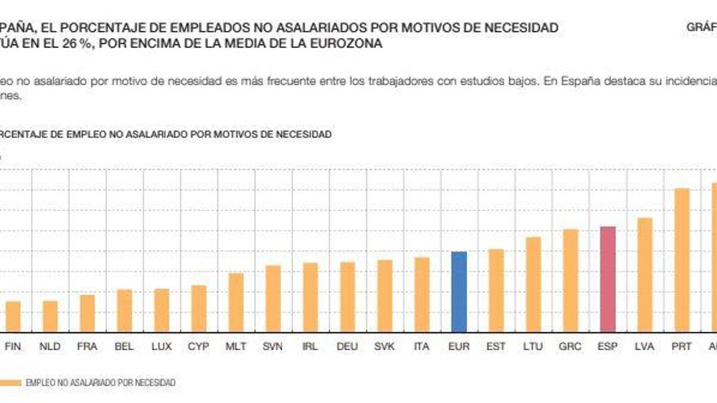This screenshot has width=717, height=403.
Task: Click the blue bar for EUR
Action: tap(459, 291)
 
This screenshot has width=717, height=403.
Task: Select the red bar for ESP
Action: tap(608, 278)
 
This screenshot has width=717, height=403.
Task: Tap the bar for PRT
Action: tap(682, 260)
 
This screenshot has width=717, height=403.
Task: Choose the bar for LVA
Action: tap(644, 274)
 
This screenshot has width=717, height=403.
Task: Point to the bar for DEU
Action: tap(347, 296)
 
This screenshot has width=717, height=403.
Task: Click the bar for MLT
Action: tap(235, 302)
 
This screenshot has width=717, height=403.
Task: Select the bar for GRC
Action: tap(570, 280)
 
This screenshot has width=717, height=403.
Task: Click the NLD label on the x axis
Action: tap(50, 346)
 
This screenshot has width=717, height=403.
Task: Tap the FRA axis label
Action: tap(87, 346)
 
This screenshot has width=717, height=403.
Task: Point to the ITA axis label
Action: tap(421, 346)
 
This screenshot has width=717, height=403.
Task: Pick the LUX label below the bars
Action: tap(161, 346)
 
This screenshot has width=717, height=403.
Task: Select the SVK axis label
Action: tap(384, 346)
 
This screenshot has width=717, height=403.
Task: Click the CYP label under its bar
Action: tap(199, 346)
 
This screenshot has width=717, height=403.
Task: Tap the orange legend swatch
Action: tap(10, 382)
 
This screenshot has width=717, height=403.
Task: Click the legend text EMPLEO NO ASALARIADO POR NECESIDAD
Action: tap(100, 382)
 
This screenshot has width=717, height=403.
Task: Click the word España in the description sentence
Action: tap(571, 81)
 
